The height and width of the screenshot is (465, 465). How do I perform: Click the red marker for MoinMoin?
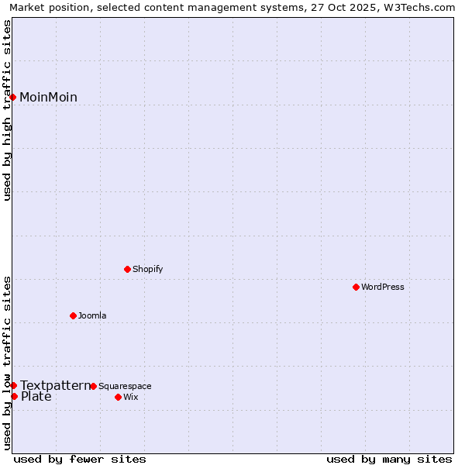(x=13, y=97)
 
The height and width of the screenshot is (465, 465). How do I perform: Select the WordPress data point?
(x=356, y=287)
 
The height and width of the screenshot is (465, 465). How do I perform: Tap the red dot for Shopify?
(x=127, y=269)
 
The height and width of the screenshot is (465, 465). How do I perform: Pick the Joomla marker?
(x=73, y=315)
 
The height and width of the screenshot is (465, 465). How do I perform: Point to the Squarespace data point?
(x=93, y=386)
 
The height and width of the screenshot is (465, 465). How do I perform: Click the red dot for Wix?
(x=118, y=397)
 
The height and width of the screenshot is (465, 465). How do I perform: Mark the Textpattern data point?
(x=13, y=385)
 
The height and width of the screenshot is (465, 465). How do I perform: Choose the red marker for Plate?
(x=14, y=396)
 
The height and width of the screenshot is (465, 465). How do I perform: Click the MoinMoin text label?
(x=48, y=97)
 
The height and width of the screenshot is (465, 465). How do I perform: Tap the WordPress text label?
(x=383, y=287)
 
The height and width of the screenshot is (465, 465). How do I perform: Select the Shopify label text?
(x=147, y=269)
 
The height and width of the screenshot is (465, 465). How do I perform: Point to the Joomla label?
(x=92, y=315)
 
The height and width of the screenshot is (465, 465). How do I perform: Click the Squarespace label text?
(x=125, y=386)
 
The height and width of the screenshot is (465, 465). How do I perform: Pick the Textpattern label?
(x=55, y=385)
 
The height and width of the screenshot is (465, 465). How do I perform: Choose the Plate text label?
(x=36, y=397)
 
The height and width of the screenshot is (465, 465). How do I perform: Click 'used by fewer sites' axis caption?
(x=80, y=459)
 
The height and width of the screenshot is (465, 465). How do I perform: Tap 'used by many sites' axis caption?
(x=389, y=459)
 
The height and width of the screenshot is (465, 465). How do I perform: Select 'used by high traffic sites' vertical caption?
(x=7, y=110)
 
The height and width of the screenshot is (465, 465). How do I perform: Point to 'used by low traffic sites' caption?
(x=7, y=363)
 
